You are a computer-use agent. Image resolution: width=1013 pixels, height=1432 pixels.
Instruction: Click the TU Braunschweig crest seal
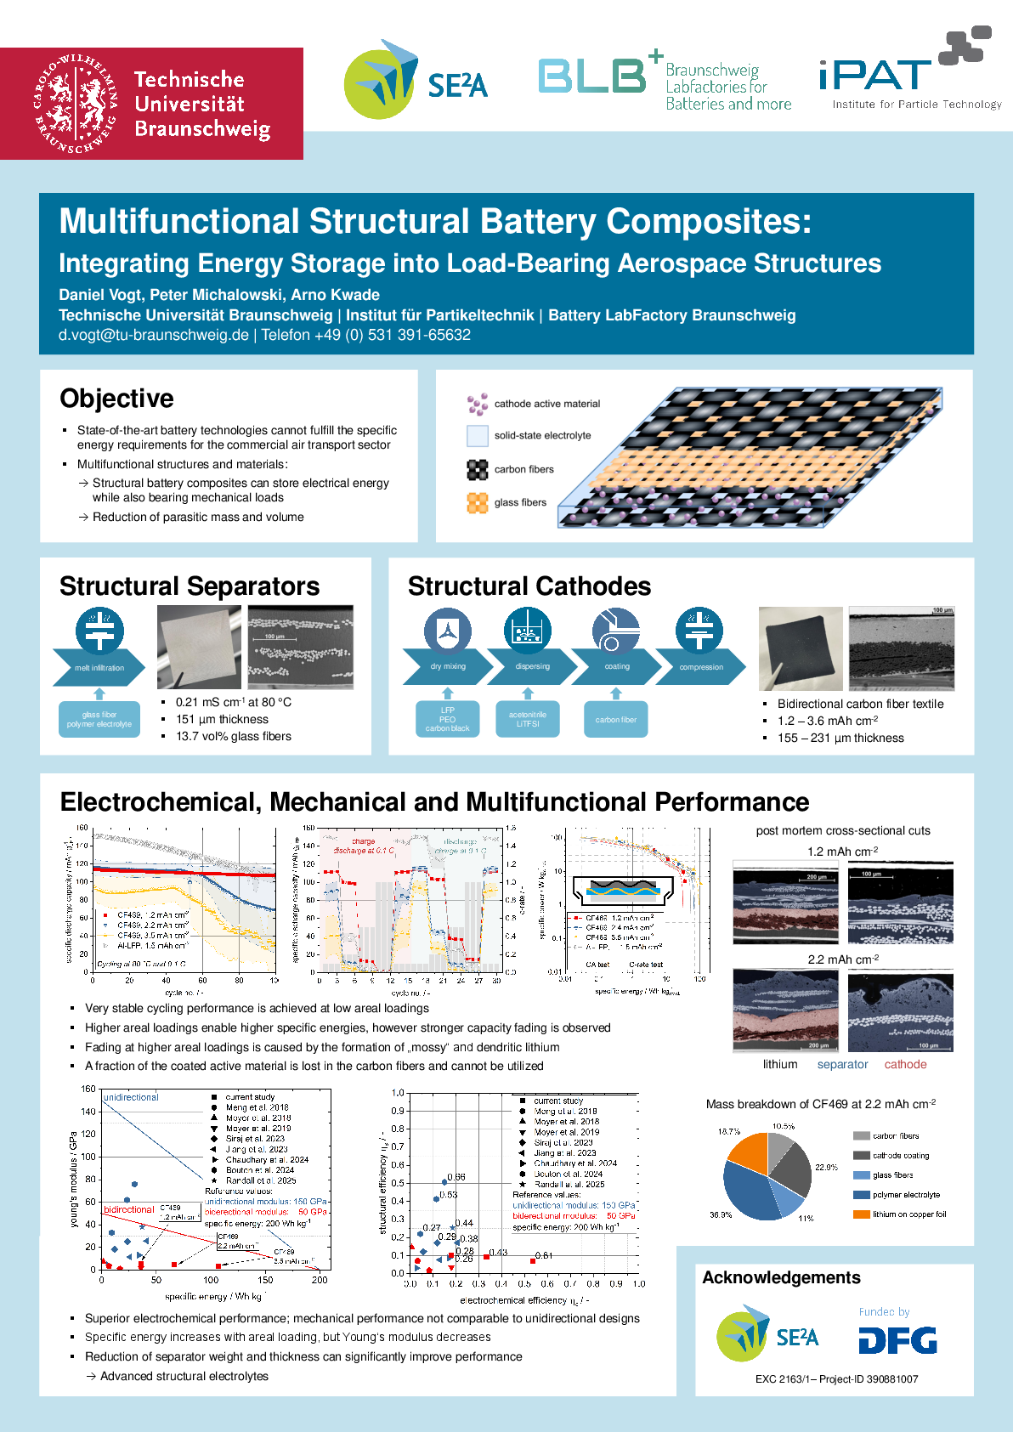75,104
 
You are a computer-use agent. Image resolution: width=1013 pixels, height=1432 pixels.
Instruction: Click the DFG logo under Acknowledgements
897,1340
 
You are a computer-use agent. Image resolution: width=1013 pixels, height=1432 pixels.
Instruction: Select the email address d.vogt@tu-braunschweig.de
154,335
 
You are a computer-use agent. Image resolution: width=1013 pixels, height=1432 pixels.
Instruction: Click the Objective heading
116,399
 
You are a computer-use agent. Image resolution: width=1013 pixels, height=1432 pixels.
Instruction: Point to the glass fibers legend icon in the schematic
477,502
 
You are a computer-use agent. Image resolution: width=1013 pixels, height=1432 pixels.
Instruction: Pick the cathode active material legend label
547,404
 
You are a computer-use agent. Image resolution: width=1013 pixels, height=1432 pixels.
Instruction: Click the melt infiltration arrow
99,668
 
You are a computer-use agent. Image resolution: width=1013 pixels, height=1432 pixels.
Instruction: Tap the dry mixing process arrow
448,666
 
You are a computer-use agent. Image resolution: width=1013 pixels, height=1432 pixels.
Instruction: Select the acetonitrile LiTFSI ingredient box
528,720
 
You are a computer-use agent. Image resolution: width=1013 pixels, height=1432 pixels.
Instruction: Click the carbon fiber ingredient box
616,720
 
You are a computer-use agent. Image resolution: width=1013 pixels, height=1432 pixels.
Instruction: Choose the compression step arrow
701,667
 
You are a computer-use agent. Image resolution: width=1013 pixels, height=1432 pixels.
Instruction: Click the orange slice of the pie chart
748,1155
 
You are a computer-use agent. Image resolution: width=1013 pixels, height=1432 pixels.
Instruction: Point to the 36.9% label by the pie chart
721,1215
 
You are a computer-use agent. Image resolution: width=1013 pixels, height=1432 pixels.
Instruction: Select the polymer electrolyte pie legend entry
906,1195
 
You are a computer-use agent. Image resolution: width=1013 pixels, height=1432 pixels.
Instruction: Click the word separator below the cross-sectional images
842,1065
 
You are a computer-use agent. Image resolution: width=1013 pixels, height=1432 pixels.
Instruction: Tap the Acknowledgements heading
781,1278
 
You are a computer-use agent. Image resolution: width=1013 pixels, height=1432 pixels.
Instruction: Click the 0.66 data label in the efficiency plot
456,1177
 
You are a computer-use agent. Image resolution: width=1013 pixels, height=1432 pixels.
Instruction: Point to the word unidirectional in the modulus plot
131,1098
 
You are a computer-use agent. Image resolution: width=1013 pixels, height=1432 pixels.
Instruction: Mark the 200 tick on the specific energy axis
320,1280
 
